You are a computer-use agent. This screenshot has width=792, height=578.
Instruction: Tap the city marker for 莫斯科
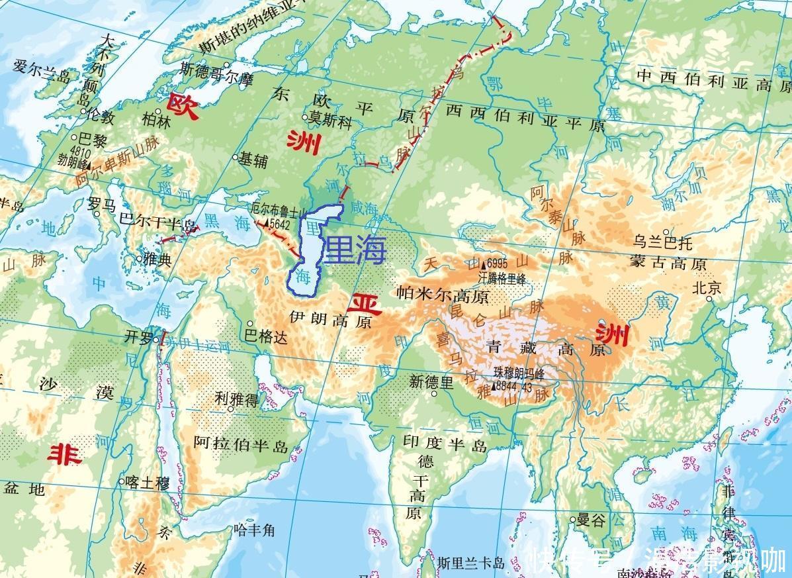pyautogui.click(x=305, y=118)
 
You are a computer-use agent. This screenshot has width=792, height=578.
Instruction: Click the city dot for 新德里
pyautogui.click(x=434, y=393)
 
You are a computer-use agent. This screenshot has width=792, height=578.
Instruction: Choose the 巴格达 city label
pyautogui.click(x=267, y=337)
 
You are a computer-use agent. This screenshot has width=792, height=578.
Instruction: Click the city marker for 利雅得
pyautogui.click(x=230, y=409)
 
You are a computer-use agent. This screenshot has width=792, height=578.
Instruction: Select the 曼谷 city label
pyautogui.click(x=591, y=520)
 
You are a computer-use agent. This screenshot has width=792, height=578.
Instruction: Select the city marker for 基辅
pyautogui.click(x=235, y=158)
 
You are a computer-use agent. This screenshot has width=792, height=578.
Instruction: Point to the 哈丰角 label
pyautogui.click(x=253, y=530)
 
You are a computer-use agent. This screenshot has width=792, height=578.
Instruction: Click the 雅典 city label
pyautogui.click(x=157, y=260)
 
